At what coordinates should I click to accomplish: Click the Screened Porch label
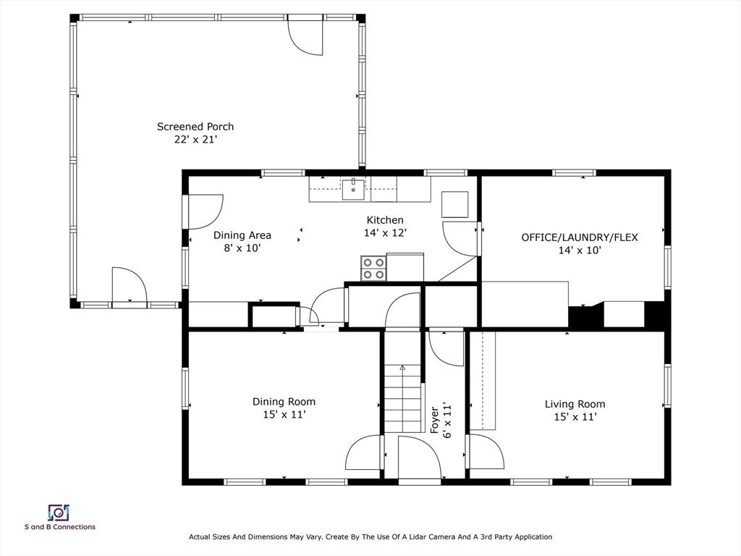click(195, 127)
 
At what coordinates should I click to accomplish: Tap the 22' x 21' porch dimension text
click(195, 140)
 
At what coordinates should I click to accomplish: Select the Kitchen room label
click(385, 220)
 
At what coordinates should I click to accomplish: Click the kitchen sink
click(353, 189)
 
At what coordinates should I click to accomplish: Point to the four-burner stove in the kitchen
click(373, 268)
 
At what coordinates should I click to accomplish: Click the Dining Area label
click(242, 235)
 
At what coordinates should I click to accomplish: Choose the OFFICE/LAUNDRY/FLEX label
click(580, 237)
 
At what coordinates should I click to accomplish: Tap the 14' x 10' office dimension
click(580, 250)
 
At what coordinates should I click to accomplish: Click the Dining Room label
click(284, 402)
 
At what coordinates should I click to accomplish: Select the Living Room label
click(575, 404)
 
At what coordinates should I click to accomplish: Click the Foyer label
click(434, 420)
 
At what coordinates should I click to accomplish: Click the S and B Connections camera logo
click(59, 512)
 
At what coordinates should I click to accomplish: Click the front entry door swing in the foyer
click(419, 458)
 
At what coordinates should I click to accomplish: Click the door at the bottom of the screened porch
click(130, 285)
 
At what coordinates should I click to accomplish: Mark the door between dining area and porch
click(206, 212)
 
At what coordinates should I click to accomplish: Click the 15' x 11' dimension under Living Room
click(575, 417)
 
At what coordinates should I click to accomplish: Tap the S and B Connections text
click(60, 527)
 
